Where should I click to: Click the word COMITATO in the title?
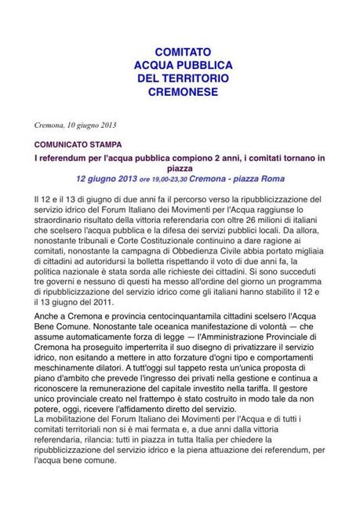180,52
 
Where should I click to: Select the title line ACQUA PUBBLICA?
180,65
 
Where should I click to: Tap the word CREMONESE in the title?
180,93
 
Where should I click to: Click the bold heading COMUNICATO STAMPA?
78,145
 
